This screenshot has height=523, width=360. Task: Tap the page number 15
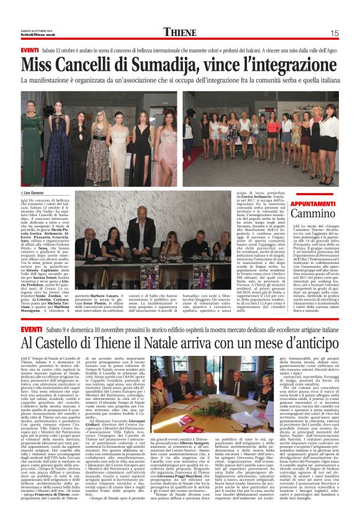tap(334, 33)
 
